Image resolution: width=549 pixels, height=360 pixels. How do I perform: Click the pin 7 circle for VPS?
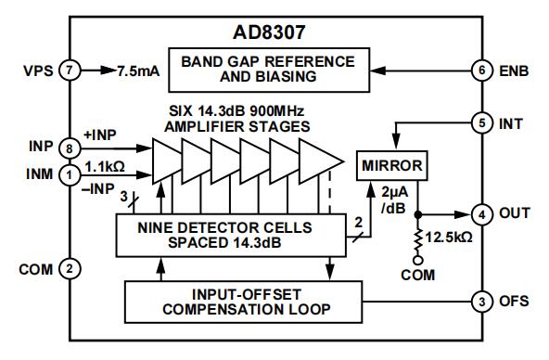(x=70, y=71)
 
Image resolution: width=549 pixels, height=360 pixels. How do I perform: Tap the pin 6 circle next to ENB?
(x=482, y=71)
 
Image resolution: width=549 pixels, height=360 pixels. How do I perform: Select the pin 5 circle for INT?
(x=482, y=123)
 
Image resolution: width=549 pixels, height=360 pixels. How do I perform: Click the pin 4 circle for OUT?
(x=482, y=214)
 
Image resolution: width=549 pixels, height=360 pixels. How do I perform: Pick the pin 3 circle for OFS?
(x=482, y=302)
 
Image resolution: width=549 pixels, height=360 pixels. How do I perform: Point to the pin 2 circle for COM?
(x=70, y=269)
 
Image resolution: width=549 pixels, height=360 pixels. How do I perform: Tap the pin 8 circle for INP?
(x=70, y=148)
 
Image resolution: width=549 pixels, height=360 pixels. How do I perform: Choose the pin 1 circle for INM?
(x=70, y=174)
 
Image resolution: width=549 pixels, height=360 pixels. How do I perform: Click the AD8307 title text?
(x=269, y=32)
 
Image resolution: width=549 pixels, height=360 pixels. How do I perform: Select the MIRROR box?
(x=391, y=166)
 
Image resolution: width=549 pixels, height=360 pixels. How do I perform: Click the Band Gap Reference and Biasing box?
(x=269, y=70)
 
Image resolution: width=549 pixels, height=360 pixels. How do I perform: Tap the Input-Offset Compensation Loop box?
(x=243, y=302)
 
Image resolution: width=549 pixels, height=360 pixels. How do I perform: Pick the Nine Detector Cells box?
(x=231, y=236)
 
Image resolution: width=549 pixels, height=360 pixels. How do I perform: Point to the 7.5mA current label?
(x=138, y=71)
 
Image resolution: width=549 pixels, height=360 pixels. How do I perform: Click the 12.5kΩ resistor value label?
(x=449, y=238)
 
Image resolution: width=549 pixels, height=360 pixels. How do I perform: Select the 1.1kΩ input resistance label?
(x=105, y=167)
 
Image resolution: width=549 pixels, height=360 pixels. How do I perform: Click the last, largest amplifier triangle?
(x=321, y=161)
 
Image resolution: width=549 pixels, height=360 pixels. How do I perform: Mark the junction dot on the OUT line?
(x=417, y=214)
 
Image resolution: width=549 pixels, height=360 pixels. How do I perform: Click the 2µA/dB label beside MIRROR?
(x=394, y=200)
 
